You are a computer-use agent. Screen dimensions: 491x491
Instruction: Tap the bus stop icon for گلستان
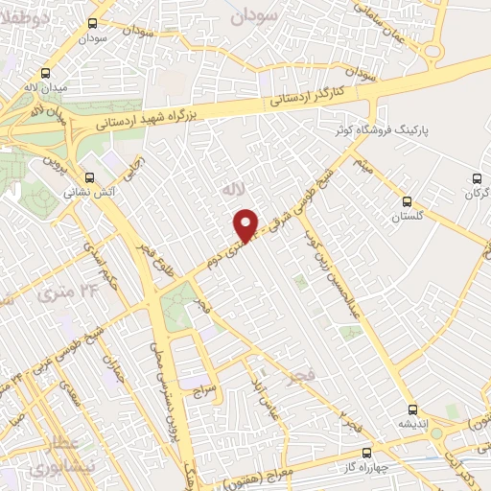pyautogui.click(x=408, y=201)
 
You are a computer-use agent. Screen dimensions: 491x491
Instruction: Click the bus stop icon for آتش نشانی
pyautogui.click(x=89, y=177)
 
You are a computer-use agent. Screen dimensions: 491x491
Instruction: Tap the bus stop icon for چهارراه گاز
pyautogui.click(x=366, y=453)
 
